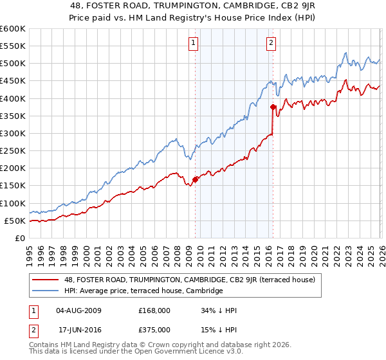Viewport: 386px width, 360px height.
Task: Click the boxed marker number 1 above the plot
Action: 194,43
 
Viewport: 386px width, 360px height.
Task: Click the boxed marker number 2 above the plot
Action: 271,43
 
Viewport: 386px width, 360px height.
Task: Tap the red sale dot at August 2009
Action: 195,179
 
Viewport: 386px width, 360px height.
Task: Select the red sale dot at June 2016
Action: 273,107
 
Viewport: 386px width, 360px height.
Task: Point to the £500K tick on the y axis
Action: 14,64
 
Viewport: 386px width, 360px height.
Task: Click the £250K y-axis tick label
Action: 14,151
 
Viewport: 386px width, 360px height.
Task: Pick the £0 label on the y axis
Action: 20,239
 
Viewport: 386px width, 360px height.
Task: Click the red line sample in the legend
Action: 46,280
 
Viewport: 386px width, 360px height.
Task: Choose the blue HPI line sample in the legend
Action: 46,291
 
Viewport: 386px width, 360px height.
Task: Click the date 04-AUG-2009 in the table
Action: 79,310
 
